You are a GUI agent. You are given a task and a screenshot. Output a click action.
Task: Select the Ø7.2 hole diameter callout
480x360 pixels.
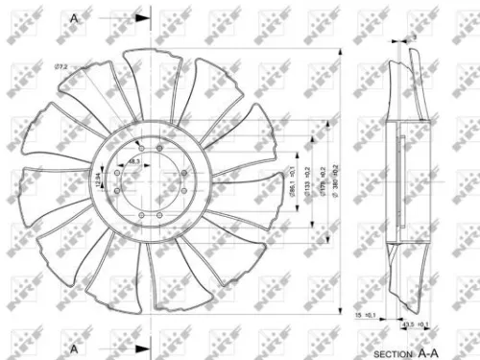point(60,67)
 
